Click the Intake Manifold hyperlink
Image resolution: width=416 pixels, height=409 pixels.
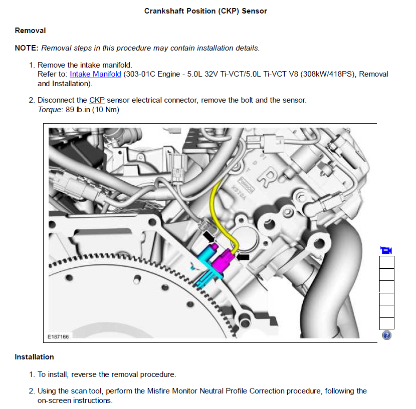click(95, 74)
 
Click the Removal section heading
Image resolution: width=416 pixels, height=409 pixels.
click(30, 31)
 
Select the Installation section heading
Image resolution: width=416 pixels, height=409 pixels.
click(34, 357)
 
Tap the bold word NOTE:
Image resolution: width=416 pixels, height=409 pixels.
click(27, 48)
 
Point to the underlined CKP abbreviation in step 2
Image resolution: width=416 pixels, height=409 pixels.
click(97, 100)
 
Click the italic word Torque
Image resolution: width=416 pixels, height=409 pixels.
click(50, 110)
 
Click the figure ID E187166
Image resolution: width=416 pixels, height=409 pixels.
click(58, 337)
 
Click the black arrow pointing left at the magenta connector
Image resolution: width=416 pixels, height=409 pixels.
click(243, 257)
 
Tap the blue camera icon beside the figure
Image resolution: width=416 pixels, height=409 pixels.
click(386, 250)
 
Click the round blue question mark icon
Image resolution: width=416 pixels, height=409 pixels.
click(386, 335)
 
